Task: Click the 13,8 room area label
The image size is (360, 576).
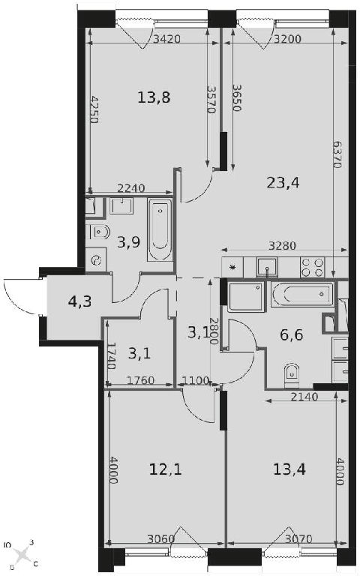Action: pos(154,97)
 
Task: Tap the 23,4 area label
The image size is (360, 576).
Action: pos(283,182)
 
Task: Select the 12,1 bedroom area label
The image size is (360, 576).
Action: pos(165,469)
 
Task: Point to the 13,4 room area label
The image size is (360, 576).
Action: pos(289,469)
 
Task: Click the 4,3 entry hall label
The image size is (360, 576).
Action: pos(79,301)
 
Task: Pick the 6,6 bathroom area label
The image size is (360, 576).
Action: pos(291,334)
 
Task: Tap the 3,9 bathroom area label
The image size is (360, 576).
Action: pos(128,242)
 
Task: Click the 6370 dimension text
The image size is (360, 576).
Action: pos(337,154)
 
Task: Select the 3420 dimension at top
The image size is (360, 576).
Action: pos(166,39)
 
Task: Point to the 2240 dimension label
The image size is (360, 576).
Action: pos(130,188)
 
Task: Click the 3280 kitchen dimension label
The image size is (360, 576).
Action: pos(282,245)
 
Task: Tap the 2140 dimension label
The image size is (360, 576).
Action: pos(304,396)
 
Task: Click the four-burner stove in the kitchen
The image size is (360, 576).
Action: pos(312,267)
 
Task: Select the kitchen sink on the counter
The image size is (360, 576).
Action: pos(267,267)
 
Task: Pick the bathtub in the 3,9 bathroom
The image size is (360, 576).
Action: pos(160,230)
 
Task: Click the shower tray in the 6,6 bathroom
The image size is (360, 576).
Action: pos(246,297)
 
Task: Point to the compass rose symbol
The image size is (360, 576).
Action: pos(22,553)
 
